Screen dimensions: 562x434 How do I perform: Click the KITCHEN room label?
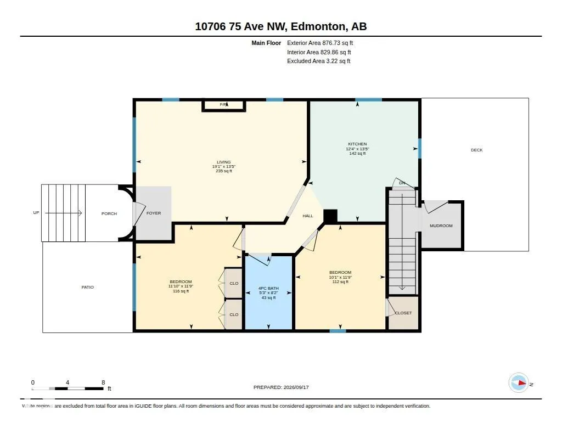(x=357, y=144)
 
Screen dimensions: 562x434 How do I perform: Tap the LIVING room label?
(x=224, y=162)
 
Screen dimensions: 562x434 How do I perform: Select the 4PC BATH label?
(x=268, y=288)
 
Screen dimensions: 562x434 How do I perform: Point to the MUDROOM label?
(x=441, y=226)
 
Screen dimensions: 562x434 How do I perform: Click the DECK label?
(x=477, y=150)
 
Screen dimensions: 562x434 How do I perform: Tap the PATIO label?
(x=87, y=287)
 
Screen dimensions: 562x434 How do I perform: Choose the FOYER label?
(x=154, y=213)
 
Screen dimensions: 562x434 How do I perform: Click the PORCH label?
(x=109, y=213)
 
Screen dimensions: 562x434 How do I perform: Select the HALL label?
(x=307, y=216)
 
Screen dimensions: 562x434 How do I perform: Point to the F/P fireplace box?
(x=224, y=106)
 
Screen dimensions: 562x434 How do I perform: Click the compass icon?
(x=519, y=383)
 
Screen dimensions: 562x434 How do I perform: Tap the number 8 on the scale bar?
(x=103, y=382)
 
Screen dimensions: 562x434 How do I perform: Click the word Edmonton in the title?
(x=318, y=26)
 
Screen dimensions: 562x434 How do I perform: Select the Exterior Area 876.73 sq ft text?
(x=320, y=43)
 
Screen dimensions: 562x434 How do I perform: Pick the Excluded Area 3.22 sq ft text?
(x=319, y=61)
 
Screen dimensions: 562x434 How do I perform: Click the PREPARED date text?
(x=281, y=387)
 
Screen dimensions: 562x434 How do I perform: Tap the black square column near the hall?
(x=330, y=216)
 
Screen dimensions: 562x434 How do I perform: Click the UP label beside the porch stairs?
(x=36, y=212)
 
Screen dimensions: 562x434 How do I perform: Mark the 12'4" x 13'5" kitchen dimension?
(x=357, y=149)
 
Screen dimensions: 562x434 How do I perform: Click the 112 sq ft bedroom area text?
(x=340, y=281)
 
